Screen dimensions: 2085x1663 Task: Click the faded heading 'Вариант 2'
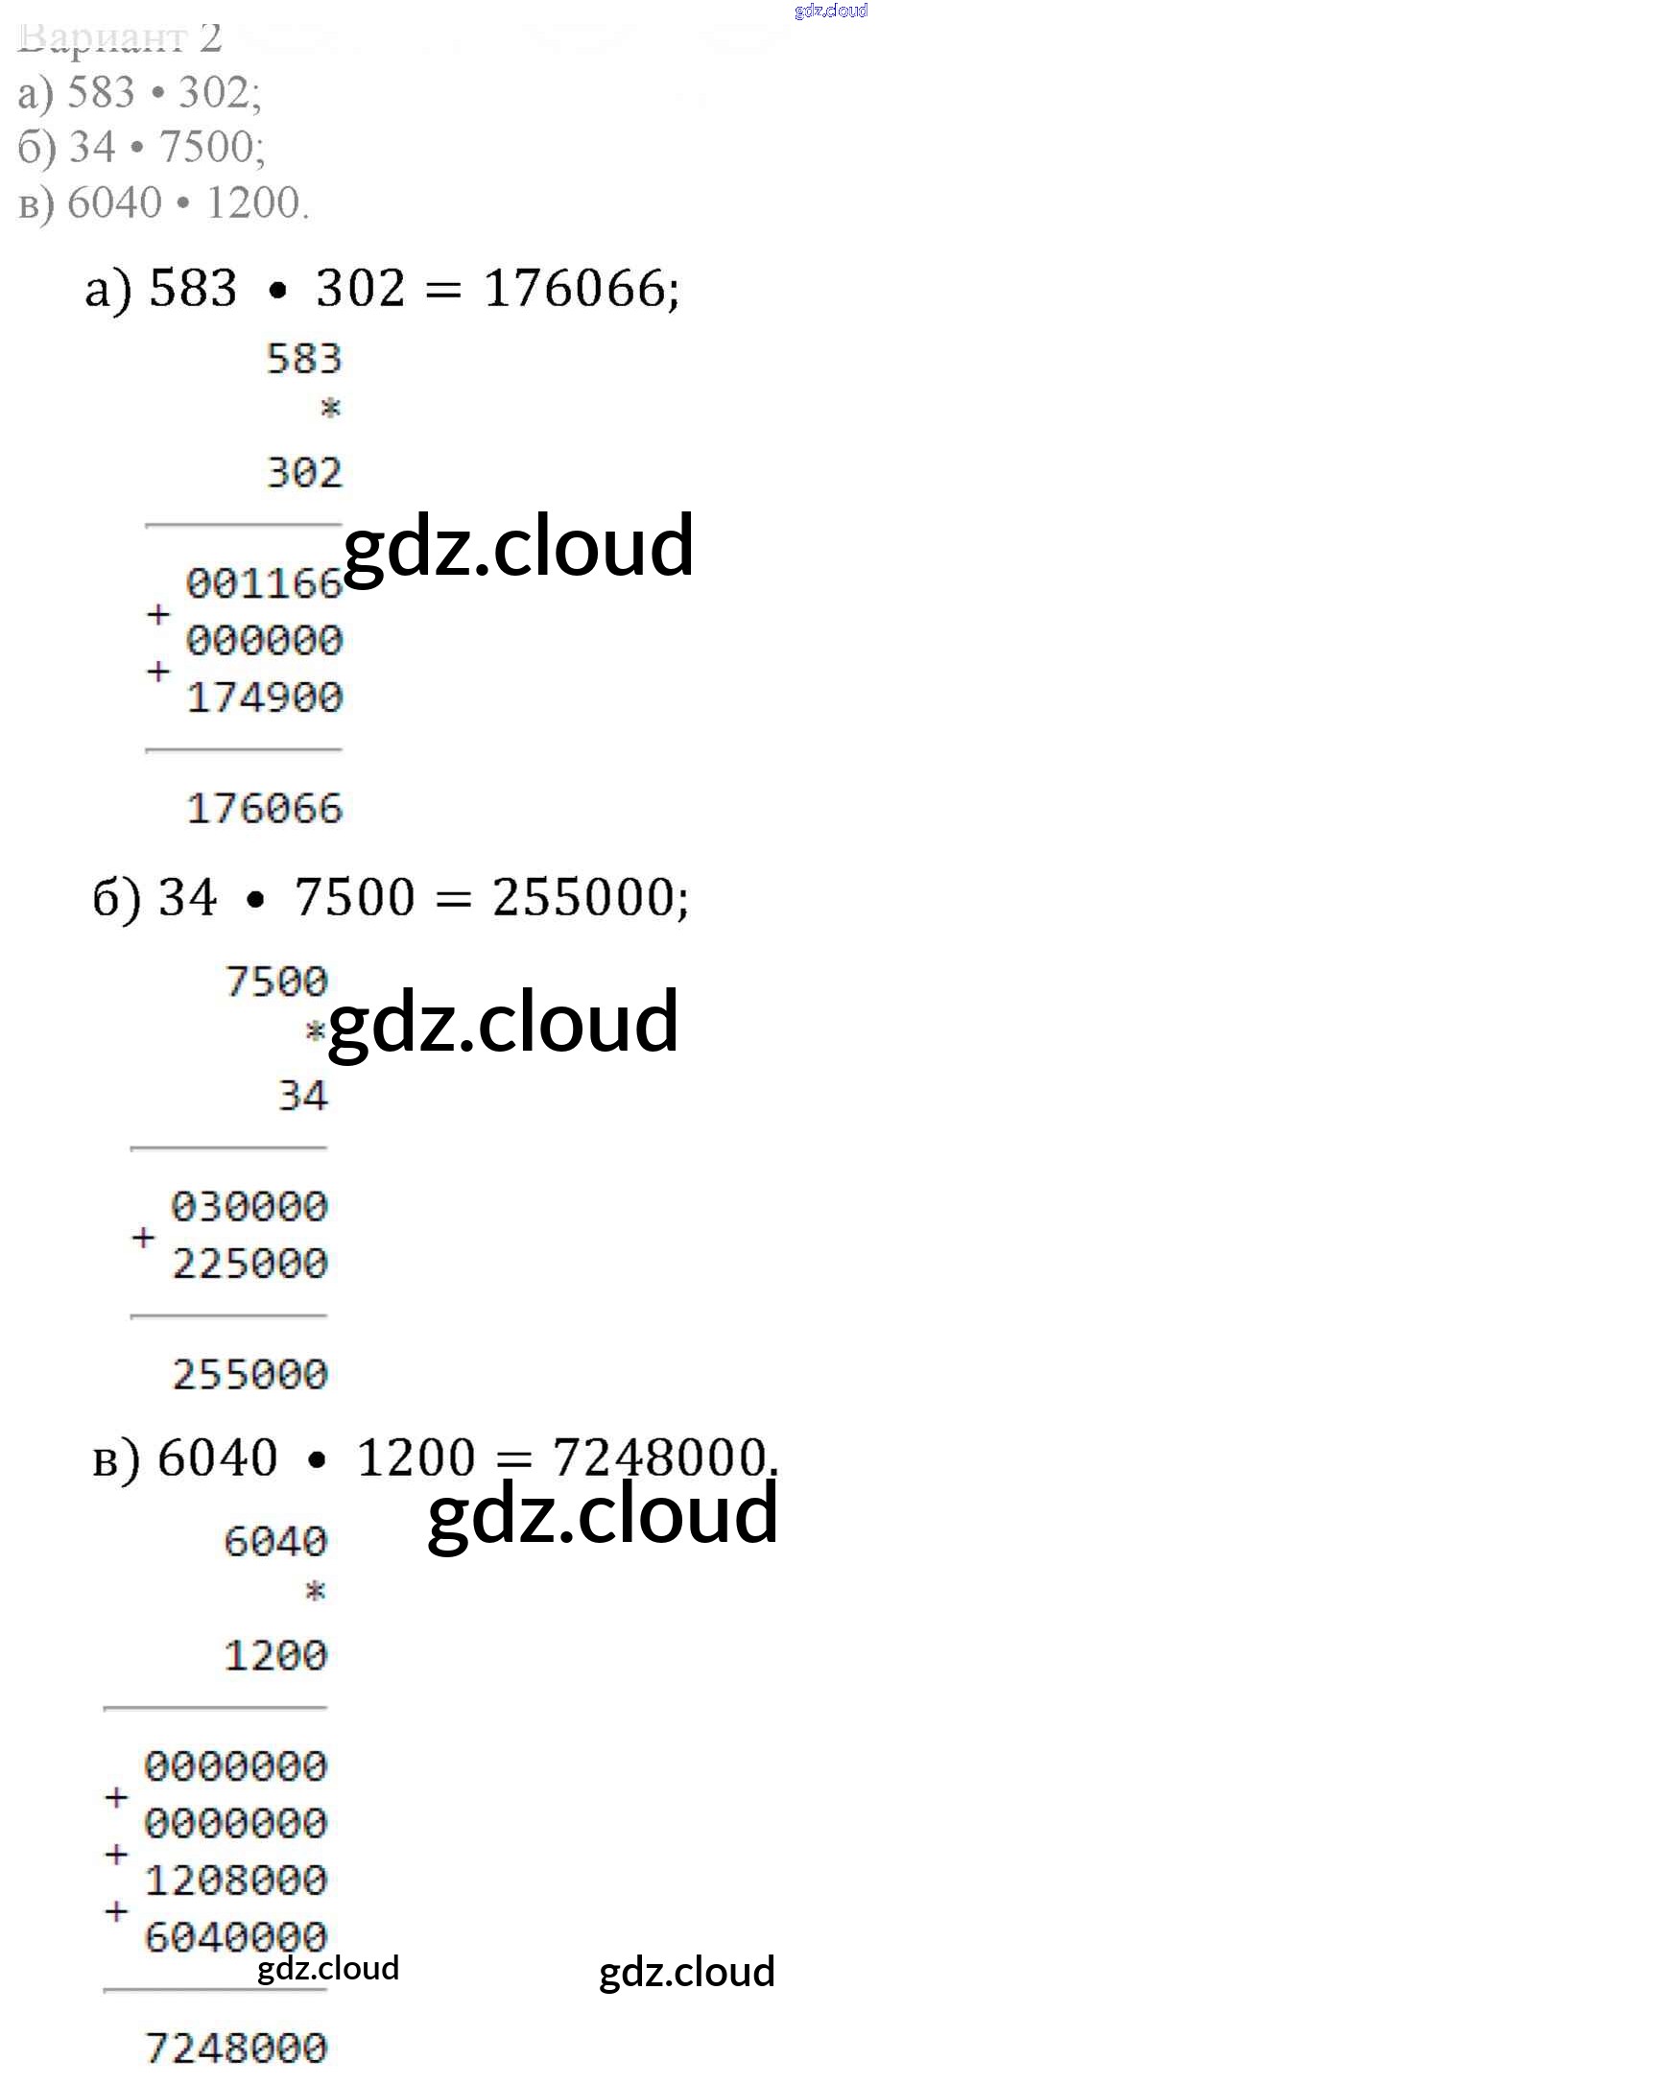pyautogui.click(x=120, y=38)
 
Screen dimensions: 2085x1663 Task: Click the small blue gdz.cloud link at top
pyautogui.click(x=830, y=11)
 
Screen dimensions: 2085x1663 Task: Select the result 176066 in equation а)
pyautogui.click(x=579, y=288)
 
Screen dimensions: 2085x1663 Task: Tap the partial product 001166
pyautogui.click(x=263, y=583)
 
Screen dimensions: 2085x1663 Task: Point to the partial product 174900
pyautogui.click(x=263, y=698)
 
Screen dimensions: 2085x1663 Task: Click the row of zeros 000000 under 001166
pyautogui.click(x=263, y=640)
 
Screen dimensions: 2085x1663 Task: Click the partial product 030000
pyautogui.click(x=249, y=1206)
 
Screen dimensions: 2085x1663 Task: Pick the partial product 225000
pyautogui.click(x=249, y=1263)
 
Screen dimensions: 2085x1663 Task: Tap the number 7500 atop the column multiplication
pyautogui.click(x=275, y=982)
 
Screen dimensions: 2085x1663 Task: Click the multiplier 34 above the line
pyautogui.click(x=302, y=1096)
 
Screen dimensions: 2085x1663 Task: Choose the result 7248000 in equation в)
pyautogui.click(x=659, y=1457)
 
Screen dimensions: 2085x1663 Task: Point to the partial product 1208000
pyautogui.click(x=235, y=1880)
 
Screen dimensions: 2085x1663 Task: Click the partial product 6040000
pyautogui.click(x=235, y=1936)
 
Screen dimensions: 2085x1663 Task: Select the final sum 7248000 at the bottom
pyautogui.click(x=235, y=2049)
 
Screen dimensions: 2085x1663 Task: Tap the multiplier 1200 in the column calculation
pyautogui.click(x=275, y=1655)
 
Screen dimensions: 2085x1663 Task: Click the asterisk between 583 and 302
pyautogui.click(x=330, y=407)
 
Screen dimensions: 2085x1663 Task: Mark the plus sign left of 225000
pyautogui.click(x=143, y=1237)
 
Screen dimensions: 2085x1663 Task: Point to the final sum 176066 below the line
pyautogui.click(x=263, y=809)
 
